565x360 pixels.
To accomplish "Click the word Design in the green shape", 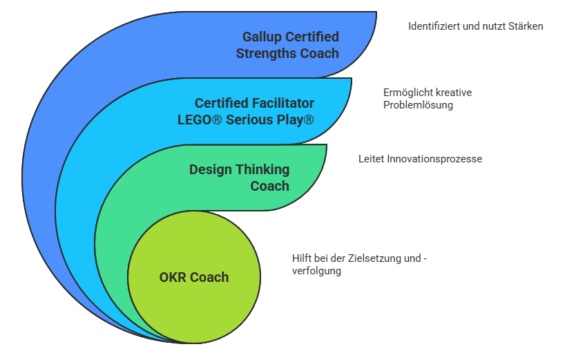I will (211, 169).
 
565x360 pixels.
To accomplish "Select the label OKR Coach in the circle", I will (193, 277).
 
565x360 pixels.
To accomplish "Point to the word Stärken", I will (527, 26).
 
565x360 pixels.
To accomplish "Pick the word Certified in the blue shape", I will (312, 37).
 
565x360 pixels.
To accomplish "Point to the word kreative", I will (454, 92).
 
